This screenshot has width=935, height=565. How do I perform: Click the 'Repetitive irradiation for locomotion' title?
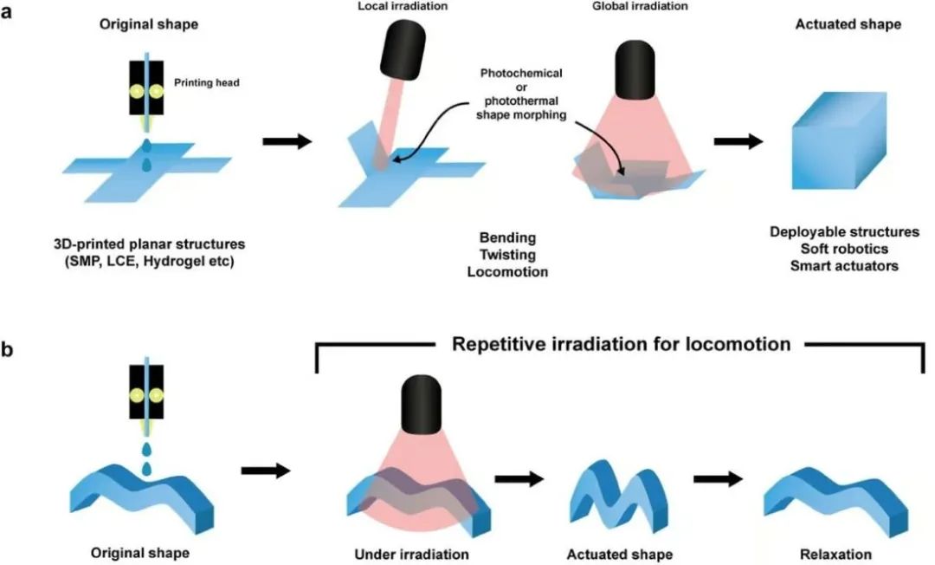pos(621,344)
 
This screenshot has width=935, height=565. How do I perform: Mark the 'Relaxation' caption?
pos(836,554)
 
